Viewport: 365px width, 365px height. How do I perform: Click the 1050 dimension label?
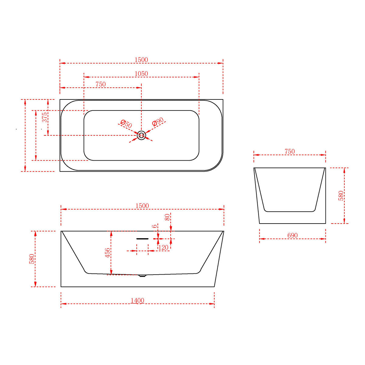click(x=141, y=74)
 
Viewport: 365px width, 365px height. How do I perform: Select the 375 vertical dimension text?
click(x=44, y=117)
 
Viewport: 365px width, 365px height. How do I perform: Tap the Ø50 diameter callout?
click(x=126, y=124)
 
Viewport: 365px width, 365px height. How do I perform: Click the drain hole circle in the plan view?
click(x=141, y=135)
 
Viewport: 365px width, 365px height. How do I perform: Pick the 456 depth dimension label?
click(x=107, y=253)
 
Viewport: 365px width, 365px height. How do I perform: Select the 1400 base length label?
click(x=137, y=301)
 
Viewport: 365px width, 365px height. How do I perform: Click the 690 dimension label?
click(x=292, y=235)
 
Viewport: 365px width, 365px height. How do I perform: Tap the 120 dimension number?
click(x=163, y=248)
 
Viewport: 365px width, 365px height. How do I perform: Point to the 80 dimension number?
click(x=167, y=217)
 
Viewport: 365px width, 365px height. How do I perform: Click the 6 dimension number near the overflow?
click(x=155, y=226)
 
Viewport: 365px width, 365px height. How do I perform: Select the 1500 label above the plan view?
click(x=141, y=60)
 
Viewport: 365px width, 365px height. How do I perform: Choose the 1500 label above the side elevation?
click(x=142, y=206)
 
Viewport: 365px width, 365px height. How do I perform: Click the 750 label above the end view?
click(x=290, y=151)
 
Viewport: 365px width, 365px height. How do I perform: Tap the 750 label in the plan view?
click(x=100, y=84)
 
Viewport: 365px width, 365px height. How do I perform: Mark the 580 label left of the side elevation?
click(x=32, y=259)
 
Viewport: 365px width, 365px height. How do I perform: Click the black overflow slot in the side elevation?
click(x=142, y=239)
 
